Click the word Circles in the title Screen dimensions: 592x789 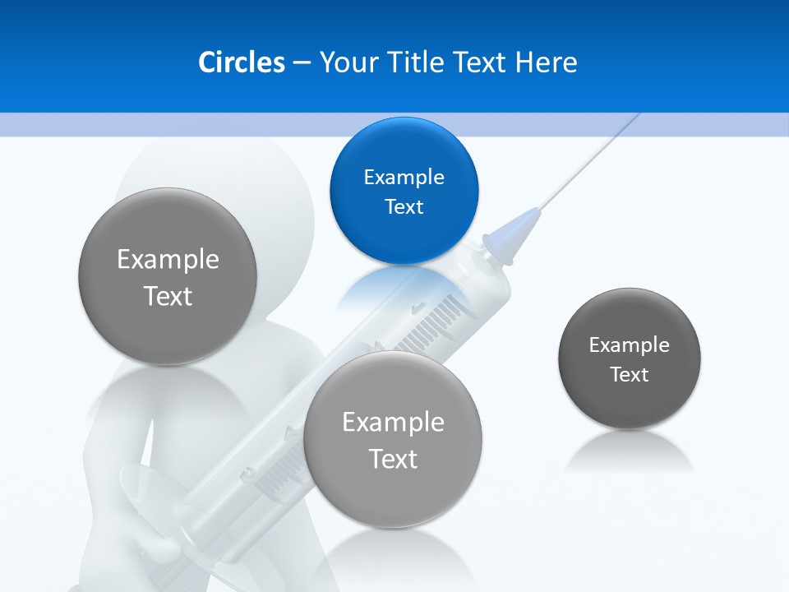pyautogui.click(x=241, y=62)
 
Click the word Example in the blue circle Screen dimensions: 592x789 pyautogui.click(x=404, y=177)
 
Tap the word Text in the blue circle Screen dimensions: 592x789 pyautogui.click(x=404, y=206)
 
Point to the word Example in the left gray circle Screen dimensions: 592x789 pyautogui.click(x=168, y=260)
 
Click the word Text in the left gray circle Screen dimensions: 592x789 pyautogui.click(x=168, y=296)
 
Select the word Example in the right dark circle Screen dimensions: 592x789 pyautogui.click(x=630, y=345)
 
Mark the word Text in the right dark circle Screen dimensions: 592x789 pyautogui.click(x=630, y=375)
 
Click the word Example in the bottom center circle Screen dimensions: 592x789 pyautogui.click(x=393, y=423)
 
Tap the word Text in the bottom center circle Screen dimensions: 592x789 pyautogui.click(x=393, y=459)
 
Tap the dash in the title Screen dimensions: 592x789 pyautogui.click(x=302, y=62)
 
